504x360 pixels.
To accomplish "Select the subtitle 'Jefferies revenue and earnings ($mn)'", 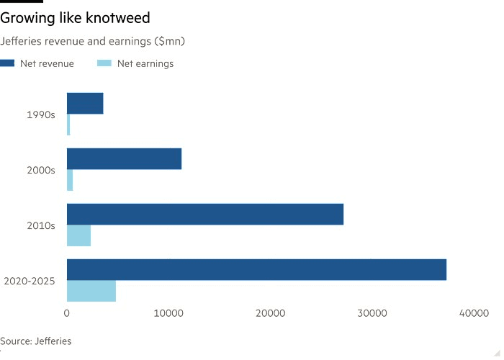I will pos(94,41).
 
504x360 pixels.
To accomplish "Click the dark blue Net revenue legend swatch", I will pos(7,63).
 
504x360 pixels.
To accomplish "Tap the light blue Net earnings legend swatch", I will pos(104,63).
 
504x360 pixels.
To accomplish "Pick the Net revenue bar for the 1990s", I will pos(85,104).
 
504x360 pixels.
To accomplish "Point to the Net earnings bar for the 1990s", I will pos(68,125).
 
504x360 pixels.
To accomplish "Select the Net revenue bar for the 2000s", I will pos(124,158).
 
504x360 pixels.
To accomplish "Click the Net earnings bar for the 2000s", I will pos(70,180).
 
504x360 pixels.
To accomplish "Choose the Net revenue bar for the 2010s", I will pos(205,214).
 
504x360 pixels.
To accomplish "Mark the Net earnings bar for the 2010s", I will pos(78,235).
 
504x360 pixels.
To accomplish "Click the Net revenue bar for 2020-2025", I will pos(256,269).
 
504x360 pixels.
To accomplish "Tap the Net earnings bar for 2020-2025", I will pos(91,291).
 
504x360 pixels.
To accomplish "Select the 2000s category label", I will pos(41,170).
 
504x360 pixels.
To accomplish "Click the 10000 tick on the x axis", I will pos(168,313).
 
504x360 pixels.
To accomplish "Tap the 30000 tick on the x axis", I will pos(373,313).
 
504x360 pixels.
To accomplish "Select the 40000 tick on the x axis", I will pos(474,313).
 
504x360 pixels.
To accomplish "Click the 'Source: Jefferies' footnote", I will pos(36,341).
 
